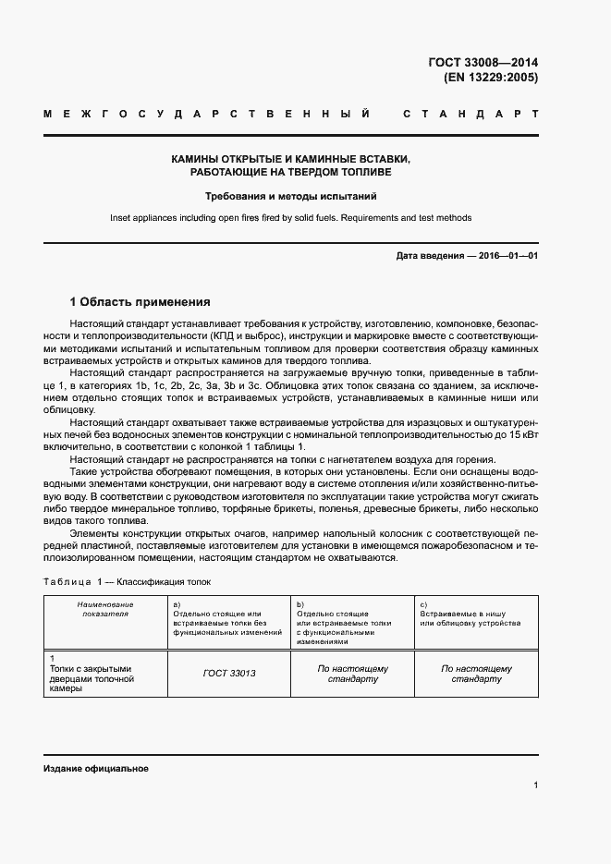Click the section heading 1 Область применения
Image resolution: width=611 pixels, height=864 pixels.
[141, 301]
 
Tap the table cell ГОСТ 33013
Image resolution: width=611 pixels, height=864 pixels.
[228, 674]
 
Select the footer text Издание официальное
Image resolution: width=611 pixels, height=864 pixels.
[95, 769]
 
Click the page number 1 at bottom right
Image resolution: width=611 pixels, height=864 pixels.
[535, 786]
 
